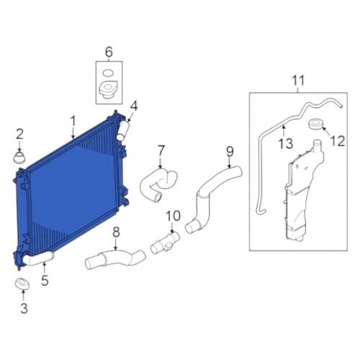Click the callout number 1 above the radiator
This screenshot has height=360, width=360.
point(73,122)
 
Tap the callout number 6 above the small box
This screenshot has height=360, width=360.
point(109,53)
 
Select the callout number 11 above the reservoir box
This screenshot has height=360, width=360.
point(298,81)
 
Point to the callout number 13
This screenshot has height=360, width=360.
point(286,143)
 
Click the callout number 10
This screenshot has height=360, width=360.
point(173,216)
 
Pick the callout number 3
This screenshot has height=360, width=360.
point(24,308)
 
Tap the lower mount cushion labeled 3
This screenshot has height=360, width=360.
point(22,284)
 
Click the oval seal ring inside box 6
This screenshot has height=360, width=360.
point(107,73)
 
